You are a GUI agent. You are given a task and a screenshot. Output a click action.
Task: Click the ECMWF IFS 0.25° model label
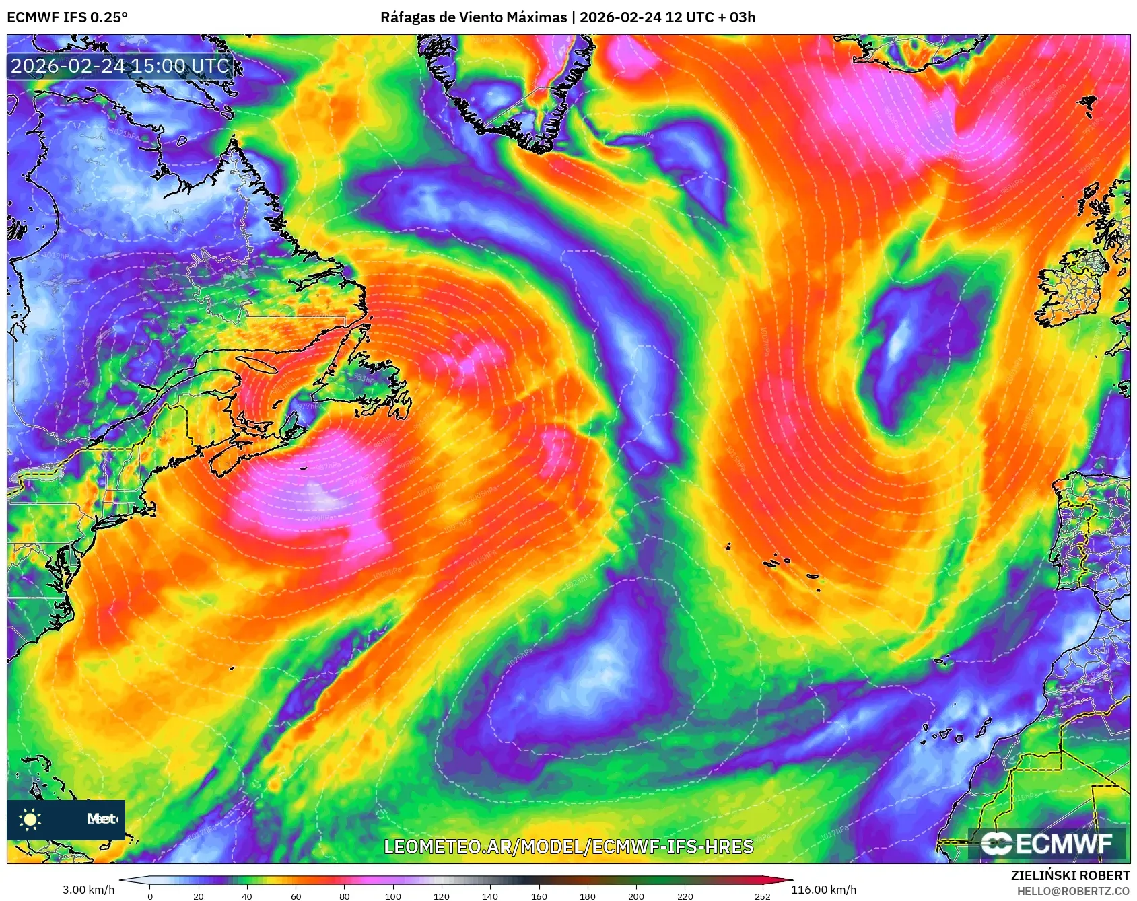67,17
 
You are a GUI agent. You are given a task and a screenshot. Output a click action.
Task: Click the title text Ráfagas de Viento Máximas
473,17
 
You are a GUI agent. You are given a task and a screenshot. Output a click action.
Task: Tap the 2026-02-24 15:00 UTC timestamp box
120,66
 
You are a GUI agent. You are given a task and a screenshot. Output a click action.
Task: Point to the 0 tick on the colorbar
149,896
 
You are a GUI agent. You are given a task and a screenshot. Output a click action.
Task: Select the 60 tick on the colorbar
296,896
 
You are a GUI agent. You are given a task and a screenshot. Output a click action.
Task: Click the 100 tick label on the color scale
393,896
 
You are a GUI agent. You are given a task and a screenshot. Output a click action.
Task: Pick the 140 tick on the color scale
490,896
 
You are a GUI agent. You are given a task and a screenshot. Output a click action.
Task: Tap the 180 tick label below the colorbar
588,896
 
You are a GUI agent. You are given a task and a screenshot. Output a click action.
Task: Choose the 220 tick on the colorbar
685,896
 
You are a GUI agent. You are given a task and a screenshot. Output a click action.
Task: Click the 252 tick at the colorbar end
763,896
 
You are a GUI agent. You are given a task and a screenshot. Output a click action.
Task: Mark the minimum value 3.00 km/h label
89,890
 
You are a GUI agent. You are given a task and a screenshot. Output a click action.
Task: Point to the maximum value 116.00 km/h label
823,890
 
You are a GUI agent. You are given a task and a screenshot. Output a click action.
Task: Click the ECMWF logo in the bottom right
1047,844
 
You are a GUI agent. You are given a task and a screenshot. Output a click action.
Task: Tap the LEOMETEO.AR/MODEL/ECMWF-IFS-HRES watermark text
569,846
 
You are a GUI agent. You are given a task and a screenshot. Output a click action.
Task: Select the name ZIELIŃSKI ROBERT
1070,875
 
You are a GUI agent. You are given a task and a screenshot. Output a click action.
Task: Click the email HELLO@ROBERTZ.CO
1073,891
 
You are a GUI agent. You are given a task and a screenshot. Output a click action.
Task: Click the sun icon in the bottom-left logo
30,819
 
